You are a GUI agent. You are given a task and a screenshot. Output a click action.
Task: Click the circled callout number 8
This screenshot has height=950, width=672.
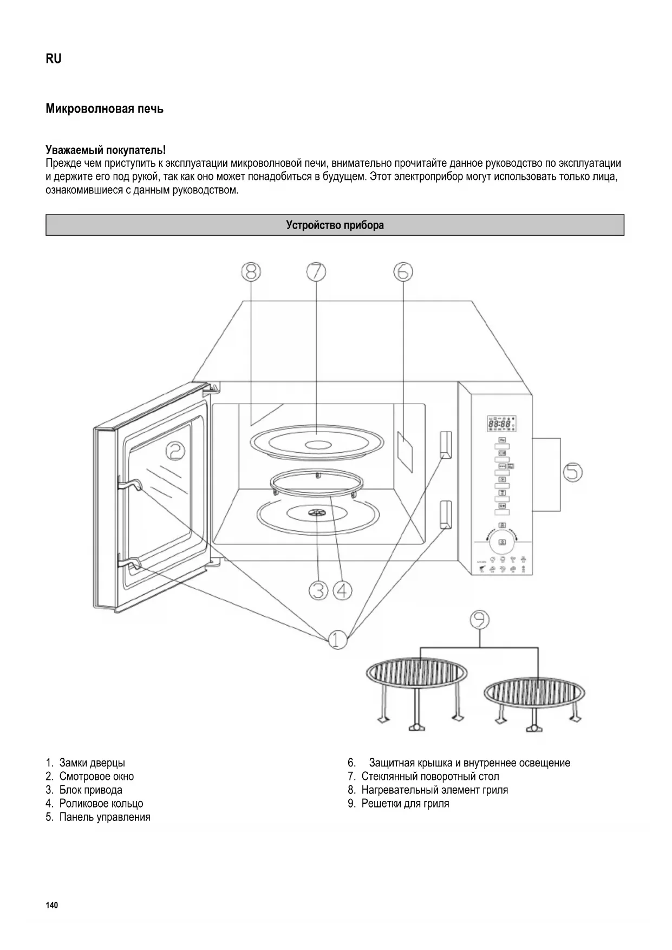pyautogui.click(x=251, y=271)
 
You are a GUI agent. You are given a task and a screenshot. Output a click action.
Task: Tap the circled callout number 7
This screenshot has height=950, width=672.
pyautogui.click(x=316, y=271)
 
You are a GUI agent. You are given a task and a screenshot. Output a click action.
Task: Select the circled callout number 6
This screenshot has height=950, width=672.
pyautogui.click(x=403, y=271)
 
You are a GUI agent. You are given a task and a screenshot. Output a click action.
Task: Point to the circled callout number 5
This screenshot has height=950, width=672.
pyautogui.click(x=572, y=472)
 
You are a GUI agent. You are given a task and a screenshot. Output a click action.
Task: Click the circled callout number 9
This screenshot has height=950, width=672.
pyautogui.click(x=479, y=620)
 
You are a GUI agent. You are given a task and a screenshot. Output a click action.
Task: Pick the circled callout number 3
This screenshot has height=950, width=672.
pyautogui.click(x=319, y=590)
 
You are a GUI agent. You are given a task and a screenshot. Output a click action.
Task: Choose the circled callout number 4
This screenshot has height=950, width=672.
pyautogui.click(x=342, y=590)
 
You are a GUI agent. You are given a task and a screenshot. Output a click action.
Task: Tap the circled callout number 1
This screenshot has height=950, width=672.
pyautogui.click(x=338, y=640)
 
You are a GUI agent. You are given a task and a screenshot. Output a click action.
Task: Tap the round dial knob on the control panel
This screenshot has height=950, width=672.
pyautogui.click(x=502, y=542)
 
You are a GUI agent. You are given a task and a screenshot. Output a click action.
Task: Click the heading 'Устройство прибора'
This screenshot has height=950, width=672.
pyautogui.click(x=335, y=225)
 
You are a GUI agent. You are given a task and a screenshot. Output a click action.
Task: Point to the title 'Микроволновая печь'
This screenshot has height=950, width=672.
pyautogui.click(x=105, y=109)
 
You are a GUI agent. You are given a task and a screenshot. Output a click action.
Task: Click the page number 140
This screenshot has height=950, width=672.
pyautogui.click(x=52, y=906)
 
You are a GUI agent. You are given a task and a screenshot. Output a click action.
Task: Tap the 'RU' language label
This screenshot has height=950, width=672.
pyautogui.click(x=54, y=59)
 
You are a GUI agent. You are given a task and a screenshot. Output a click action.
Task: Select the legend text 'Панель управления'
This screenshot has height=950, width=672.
pyautogui.click(x=105, y=817)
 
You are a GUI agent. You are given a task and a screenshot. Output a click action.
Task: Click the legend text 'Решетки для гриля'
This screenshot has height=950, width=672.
pyautogui.click(x=405, y=803)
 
